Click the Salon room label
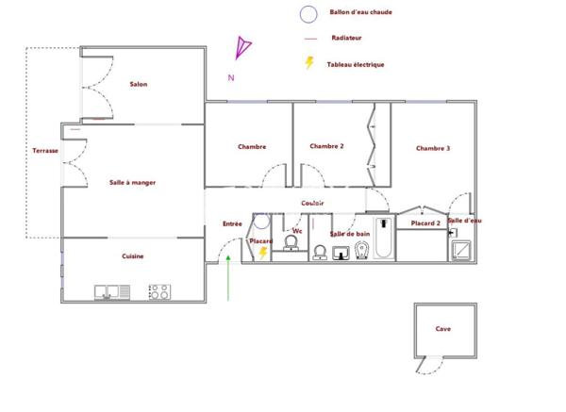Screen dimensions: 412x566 (138, 84)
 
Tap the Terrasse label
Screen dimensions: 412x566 (44, 151)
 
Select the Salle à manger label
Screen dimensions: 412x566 (132, 182)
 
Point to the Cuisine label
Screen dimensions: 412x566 (132, 256)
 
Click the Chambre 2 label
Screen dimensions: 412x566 (326, 146)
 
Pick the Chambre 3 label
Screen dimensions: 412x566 (432, 148)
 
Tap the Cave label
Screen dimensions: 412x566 (442, 329)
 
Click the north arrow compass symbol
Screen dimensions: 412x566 (244, 47)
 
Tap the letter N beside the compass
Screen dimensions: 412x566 (230, 77)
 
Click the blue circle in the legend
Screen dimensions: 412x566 (307, 14)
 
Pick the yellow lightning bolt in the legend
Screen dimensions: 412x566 (308, 63)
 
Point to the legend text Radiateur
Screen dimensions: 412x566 (346, 38)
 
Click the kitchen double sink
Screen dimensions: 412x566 (111, 292)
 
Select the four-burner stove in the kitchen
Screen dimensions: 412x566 (158, 292)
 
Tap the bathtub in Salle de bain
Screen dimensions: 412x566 (382, 238)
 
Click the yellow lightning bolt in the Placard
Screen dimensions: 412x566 (263, 253)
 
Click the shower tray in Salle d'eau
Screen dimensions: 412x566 (463, 251)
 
